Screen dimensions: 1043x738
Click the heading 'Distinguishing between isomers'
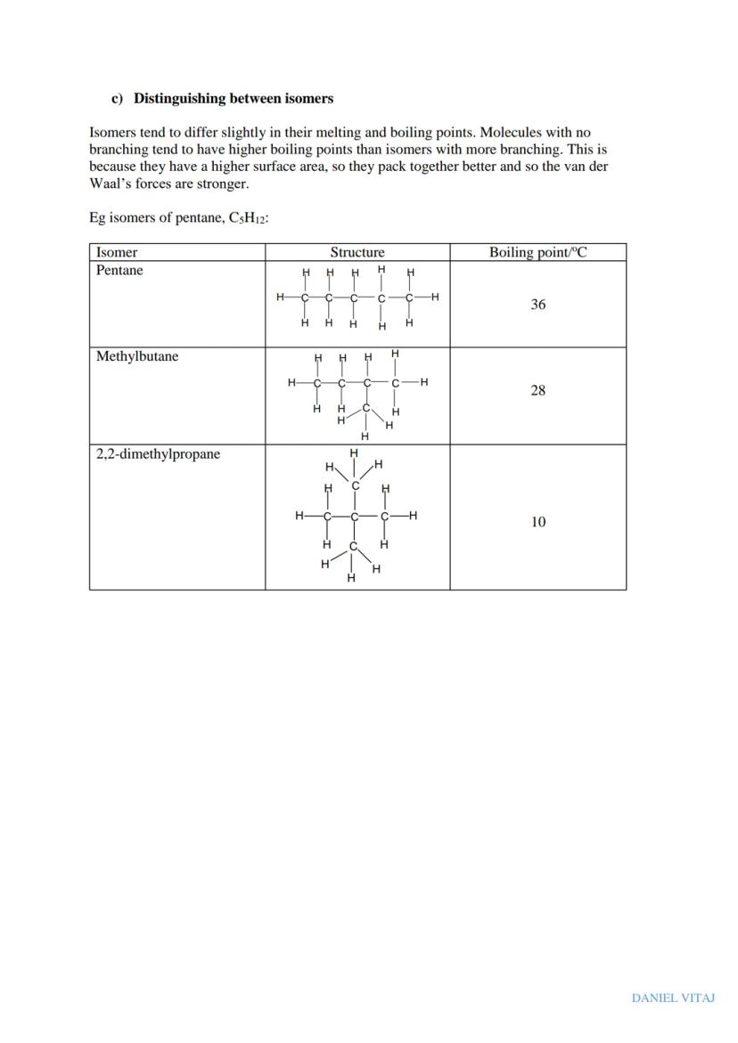coord(233,98)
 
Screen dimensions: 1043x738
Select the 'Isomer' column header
coord(117,252)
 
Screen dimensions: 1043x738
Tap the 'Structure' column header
coord(357,252)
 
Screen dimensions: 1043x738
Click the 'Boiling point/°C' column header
coord(537,252)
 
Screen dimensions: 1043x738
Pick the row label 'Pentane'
coord(119,271)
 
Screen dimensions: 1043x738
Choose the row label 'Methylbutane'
coord(137,356)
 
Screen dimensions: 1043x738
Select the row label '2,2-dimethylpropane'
coord(158,454)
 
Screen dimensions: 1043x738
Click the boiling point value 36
coord(537,305)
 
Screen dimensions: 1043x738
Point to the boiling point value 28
coord(537,390)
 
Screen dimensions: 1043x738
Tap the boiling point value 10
coord(537,522)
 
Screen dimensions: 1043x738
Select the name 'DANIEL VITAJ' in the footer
coord(673,998)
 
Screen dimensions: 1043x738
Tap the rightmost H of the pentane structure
coord(434,297)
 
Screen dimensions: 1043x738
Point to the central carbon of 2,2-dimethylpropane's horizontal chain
coord(355,516)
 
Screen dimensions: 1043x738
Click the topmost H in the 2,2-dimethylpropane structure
coord(354,453)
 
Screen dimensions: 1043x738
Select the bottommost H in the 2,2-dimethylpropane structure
coord(351,578)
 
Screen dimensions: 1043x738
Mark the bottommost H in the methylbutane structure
coord(365,436)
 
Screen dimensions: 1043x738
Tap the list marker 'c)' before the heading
coord(117,98)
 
